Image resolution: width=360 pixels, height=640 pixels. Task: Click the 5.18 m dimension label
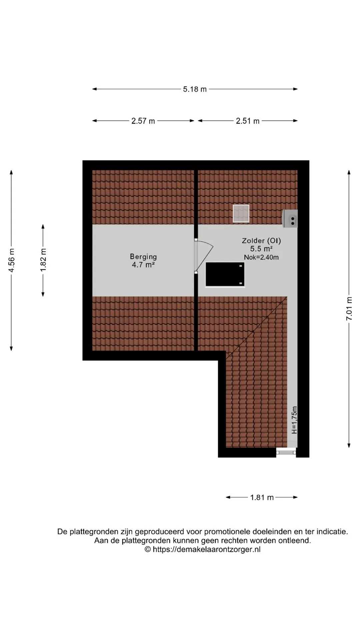(x=195, y=89)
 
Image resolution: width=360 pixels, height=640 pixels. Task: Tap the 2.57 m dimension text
(x=143, y=121)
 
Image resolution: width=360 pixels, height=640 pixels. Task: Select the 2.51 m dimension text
(x=247, y=121)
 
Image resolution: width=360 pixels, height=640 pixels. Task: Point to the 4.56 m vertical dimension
(x=11, y=260)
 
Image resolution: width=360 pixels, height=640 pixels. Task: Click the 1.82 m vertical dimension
(x=43, y=260)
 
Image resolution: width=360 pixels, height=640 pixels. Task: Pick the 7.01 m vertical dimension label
(x=349, y=309)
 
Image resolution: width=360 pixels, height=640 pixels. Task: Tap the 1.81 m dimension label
(x=262, y=497)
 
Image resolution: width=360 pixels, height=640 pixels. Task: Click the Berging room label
(x=143, y=257)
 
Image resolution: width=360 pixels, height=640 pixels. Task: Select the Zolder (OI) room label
(x=261, y=240)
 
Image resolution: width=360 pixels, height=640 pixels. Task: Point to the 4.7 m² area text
(x=143, y=265)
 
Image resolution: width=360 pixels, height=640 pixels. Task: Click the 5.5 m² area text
(x=261, y=249)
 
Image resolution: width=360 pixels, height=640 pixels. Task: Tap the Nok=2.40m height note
(x=261, y=257)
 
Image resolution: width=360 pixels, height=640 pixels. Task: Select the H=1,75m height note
(x=294, y=420)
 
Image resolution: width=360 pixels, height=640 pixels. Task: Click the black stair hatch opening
(x=225, y=274)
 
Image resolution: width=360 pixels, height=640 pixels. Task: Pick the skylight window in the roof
(x=241, y=213)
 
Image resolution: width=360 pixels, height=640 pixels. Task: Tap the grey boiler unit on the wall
(x=290, y=219)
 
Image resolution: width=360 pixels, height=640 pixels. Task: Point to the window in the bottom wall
(x=286, y=452)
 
